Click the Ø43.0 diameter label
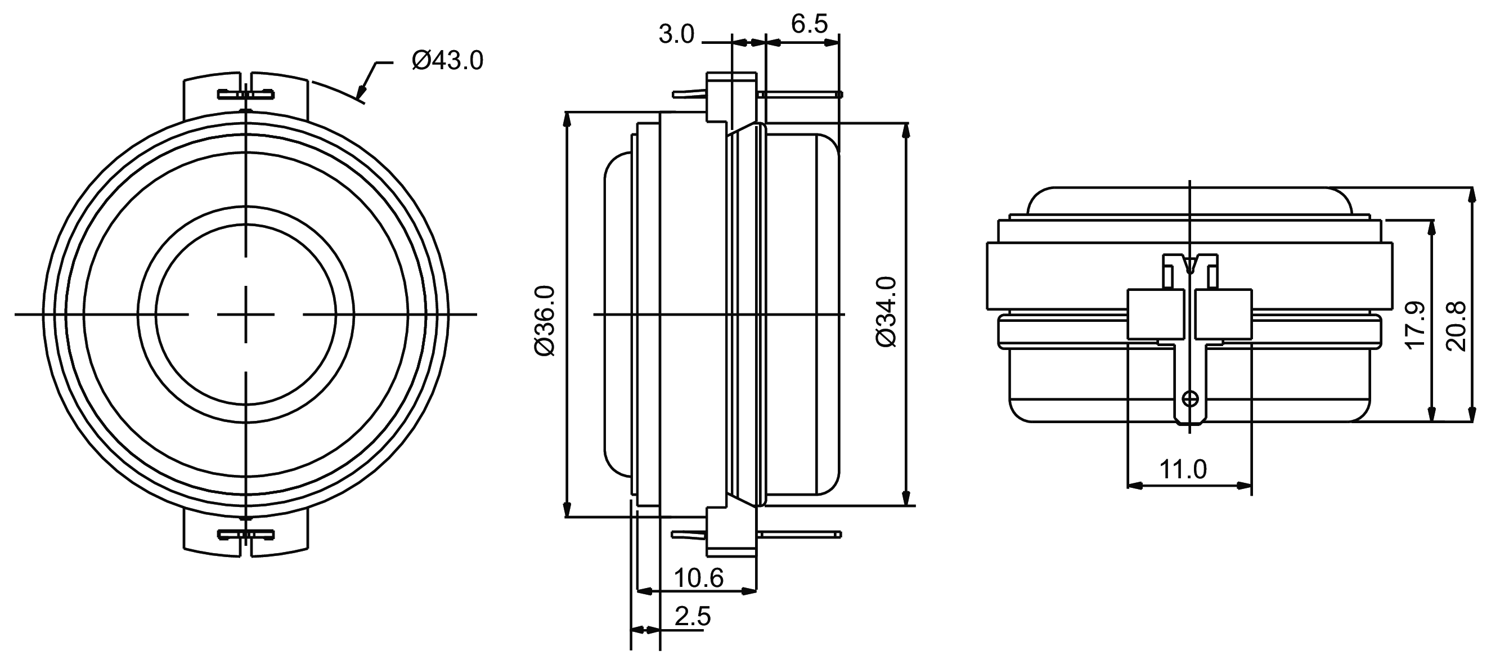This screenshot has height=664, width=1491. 447,61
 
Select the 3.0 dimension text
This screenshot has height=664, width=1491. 676,35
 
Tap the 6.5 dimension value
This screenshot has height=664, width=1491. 809,24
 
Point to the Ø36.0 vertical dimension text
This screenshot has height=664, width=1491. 545,321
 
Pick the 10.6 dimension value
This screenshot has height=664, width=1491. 698,578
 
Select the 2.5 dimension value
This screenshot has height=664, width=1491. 692,617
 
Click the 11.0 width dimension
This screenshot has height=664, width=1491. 1183,469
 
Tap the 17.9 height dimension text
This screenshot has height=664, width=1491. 1415,324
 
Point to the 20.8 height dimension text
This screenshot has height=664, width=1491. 1456,326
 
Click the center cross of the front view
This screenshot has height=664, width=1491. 246,315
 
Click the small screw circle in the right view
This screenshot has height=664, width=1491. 1190,399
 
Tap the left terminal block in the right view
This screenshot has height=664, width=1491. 1155,314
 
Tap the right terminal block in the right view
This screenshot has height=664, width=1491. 1223,314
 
